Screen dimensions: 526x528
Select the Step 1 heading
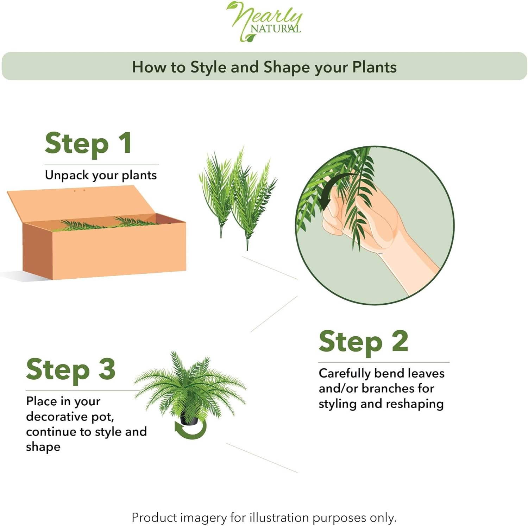pos(88,144)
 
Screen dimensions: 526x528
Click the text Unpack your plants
pos(101,175)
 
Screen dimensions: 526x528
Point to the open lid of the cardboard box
pos(81,202)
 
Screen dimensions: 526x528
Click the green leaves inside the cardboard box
pos(106,224)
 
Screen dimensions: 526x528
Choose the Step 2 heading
pos(363,342)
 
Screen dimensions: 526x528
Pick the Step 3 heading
pos(71,370)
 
